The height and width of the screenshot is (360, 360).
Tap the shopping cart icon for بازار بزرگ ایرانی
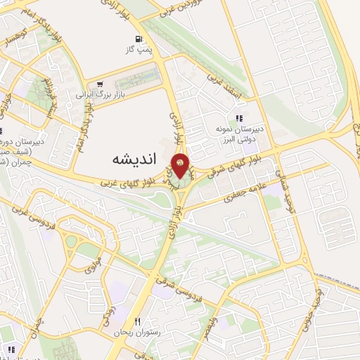tap(101, 82)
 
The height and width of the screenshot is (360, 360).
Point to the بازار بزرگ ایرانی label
tap(100, 93)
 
